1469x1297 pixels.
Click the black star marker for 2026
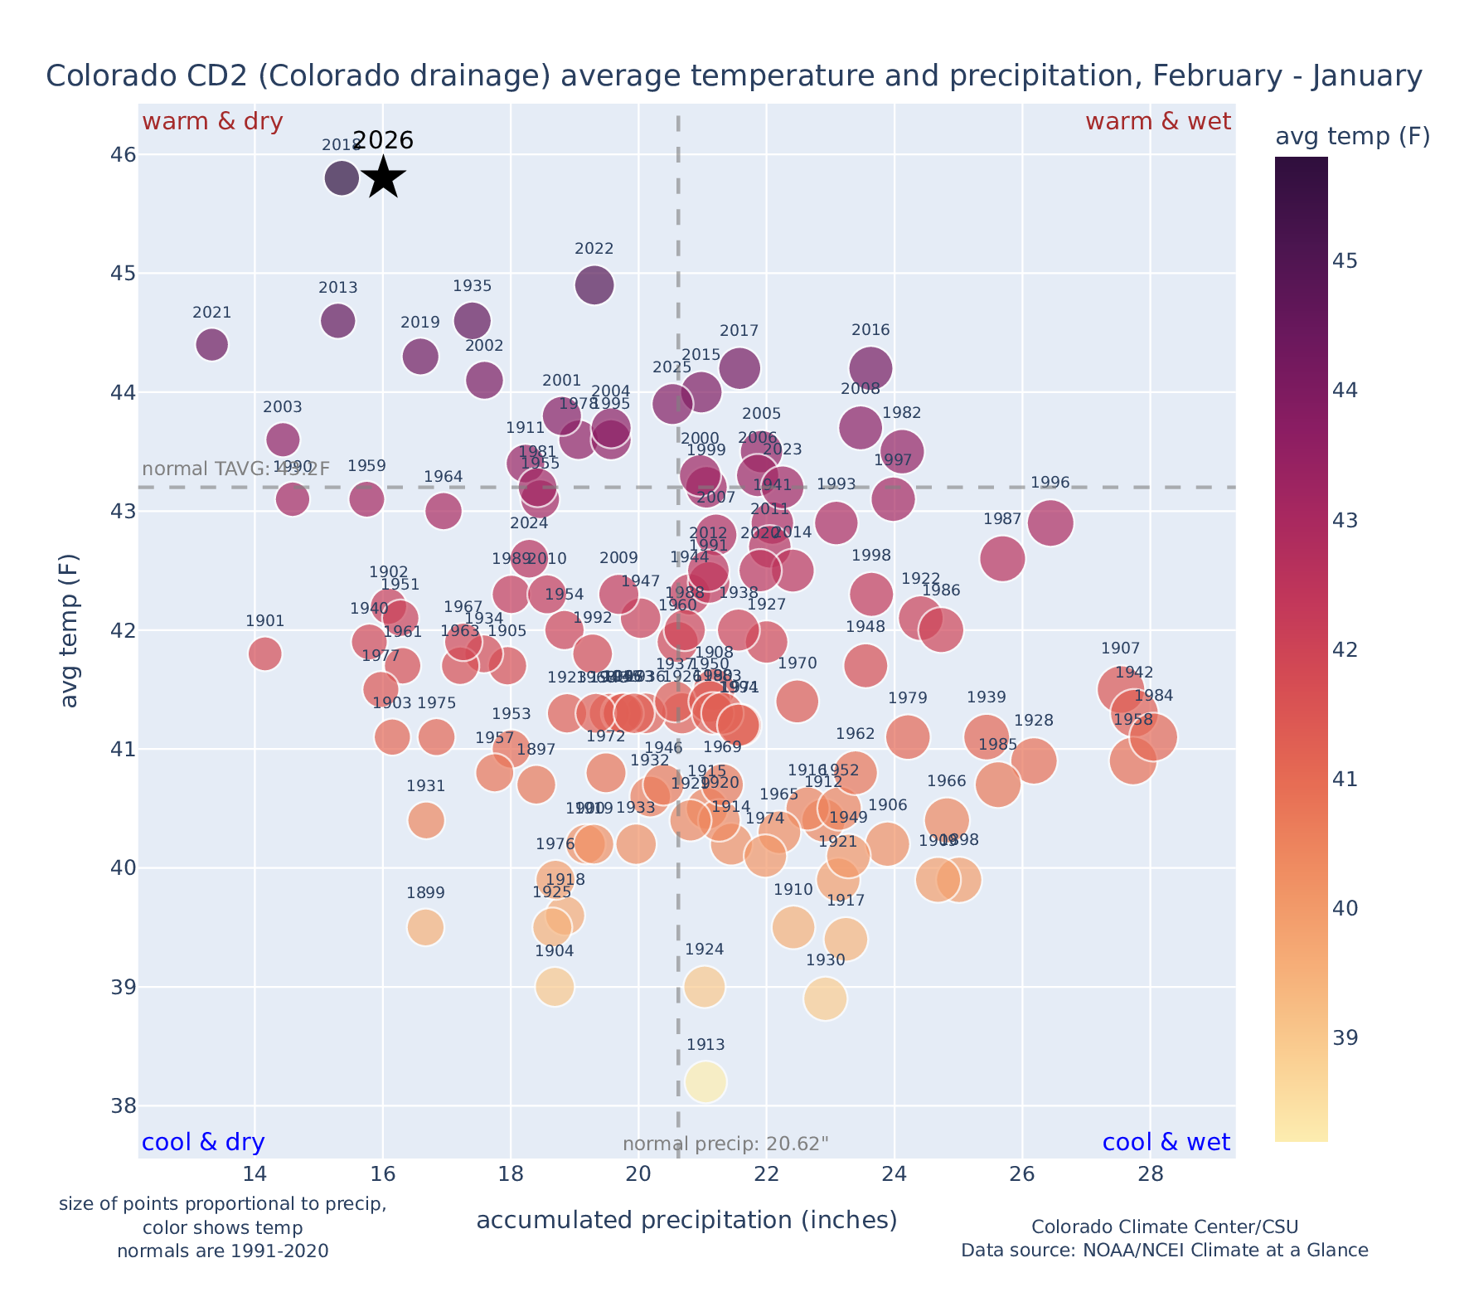383,177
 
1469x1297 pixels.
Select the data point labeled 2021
212,344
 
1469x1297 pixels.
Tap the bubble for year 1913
705,1082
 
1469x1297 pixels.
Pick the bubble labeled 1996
1050,523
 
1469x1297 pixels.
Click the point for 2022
594,285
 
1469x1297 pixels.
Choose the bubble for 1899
426,927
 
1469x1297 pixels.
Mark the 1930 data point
825,998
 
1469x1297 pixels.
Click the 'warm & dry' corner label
213,122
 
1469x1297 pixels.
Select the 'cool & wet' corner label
1166,1143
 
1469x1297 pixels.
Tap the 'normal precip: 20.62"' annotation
725,1144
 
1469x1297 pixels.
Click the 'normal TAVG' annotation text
236,469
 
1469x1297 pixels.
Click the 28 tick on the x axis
1150,1174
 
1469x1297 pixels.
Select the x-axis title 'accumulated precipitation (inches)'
686,1220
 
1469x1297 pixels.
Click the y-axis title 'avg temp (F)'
70,630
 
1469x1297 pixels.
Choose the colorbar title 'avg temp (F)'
1352,137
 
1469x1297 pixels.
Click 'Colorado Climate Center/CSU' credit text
1165,1227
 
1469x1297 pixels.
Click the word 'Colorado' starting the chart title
99,76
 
